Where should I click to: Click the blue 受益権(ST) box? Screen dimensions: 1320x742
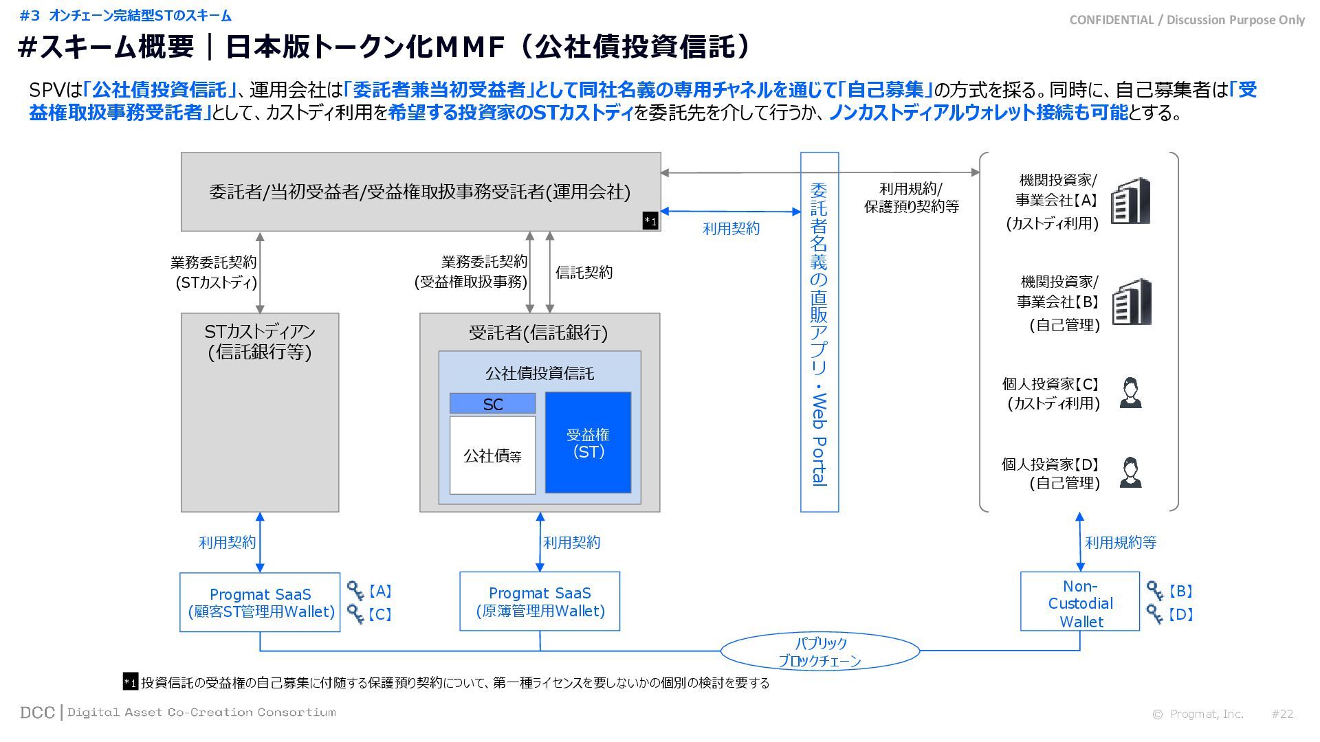coord(588,442)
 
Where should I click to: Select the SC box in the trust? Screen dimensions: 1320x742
coord(492,403)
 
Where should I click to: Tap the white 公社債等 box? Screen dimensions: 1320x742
coord(492,455)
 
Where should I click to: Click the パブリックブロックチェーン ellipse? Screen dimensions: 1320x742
coord(819,651)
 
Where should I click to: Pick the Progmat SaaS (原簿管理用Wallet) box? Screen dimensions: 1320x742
coord(540,601)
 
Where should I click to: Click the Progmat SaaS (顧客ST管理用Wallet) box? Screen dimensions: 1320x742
coord(260,602)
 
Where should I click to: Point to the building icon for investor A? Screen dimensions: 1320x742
coord(1131,201)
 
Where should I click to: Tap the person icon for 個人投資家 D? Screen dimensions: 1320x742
coord(1130,473)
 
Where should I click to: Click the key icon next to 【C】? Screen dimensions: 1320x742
coord(355,613)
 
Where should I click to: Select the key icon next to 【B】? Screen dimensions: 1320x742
coord(1155,591)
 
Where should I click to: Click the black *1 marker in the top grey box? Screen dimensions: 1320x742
coord(650,221)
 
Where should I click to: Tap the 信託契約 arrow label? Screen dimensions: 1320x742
coord(584,272)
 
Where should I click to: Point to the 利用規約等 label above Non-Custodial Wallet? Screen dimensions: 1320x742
coord(1120,542)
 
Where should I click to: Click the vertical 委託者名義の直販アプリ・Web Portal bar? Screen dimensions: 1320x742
coord(819,333)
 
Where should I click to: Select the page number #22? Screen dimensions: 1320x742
coord(1282,714)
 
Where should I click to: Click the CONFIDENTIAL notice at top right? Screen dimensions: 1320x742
coord(1187,20)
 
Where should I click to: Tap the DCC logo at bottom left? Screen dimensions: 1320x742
coord(38,712)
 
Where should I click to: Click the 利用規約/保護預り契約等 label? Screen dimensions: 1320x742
coord(911,197)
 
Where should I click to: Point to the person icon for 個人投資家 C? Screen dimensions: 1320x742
coord(1130,393)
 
